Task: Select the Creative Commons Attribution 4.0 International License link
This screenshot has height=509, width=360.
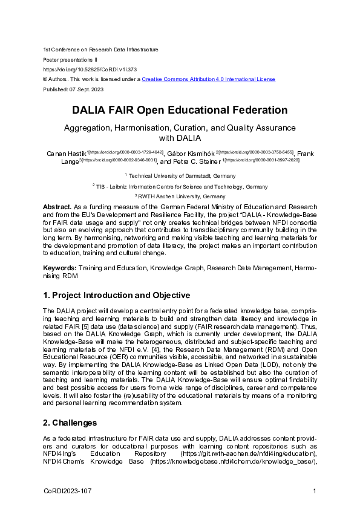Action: (x=208, y=79)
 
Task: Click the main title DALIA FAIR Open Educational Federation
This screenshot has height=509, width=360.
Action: (x=180, y=111)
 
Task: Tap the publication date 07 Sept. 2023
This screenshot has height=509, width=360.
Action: (x=88, y=89)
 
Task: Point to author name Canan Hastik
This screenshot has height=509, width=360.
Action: (x=67, y=154)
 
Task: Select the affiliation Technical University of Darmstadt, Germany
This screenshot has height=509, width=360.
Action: (x=182, y=175)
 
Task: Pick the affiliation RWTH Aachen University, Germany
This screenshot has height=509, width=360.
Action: (x=182, y=196)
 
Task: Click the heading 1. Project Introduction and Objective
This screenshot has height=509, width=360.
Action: (x=116, y=295)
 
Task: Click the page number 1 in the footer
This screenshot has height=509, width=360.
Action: (x=315, y=491)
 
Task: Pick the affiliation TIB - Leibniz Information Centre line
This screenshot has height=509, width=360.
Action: (x=182, y=186)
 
